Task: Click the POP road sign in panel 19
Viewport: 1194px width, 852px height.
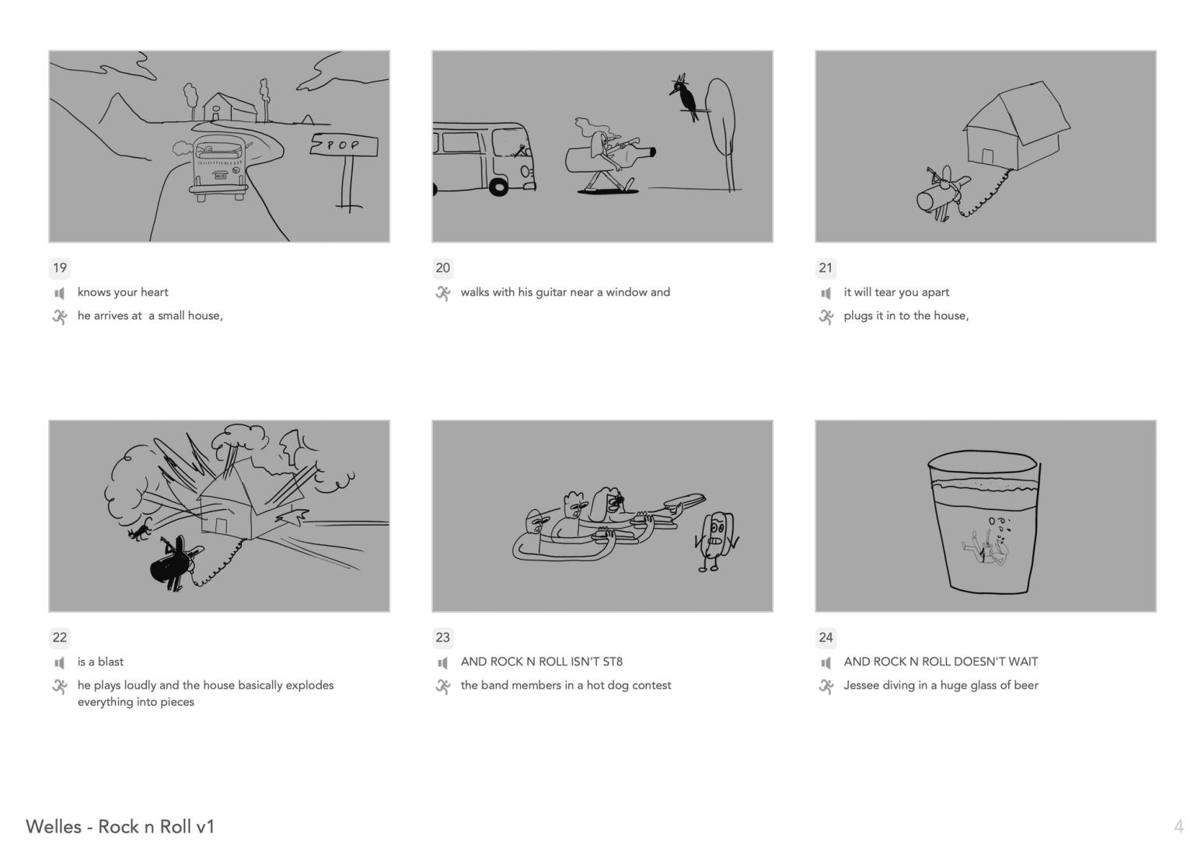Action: [344, 145]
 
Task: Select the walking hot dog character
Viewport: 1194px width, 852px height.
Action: [717, 540]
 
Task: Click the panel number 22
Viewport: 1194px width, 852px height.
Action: [60, 637]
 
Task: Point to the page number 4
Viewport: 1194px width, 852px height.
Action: [1178, 826]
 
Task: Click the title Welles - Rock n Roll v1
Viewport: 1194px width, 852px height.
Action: [120, 826]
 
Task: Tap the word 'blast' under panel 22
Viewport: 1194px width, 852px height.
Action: [110, 662]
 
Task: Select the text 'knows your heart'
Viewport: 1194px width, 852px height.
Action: [123, 292]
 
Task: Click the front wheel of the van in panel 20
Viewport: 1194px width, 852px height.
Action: [499, 187]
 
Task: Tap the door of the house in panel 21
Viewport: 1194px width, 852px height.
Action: [987, 156]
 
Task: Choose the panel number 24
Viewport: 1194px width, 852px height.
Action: [826, 637]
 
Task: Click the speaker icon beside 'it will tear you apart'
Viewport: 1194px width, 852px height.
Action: [826, 293]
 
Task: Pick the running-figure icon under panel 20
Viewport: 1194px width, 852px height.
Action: [442, 293]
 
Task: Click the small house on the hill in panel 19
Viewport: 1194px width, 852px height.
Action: [230, 107]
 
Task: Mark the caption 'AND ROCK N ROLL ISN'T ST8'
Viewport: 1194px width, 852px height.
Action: [542, 662]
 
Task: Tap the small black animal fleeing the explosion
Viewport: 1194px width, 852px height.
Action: [140, 530]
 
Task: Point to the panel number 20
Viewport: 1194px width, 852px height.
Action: [443, 267]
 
